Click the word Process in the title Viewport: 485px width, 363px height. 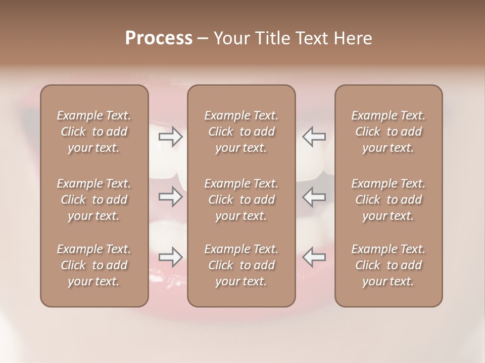tap(159, 38)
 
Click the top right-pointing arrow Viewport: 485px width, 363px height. tap(170, 137)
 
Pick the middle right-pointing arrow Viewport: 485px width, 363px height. tap(170, 197)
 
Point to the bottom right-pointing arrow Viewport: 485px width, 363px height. tap(170, 257)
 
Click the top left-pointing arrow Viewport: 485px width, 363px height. tap(314, 137)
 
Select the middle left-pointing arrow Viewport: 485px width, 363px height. tap(314, 197)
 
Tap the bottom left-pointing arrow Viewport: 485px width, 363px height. tap(314, 257)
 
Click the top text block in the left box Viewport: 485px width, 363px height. tap(94, 132)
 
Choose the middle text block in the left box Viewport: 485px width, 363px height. tap(94, 200)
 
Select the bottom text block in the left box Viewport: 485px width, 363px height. tap(94, 265)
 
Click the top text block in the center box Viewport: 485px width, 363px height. tap(241, 132)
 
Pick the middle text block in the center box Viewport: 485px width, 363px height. tap(241, 200)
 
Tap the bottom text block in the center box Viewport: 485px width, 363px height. tap(241, 265)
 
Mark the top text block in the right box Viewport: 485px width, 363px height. tap(389, 132)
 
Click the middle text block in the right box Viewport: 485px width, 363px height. tap(389, 200)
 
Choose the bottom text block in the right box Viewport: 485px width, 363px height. tap(389, 265)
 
